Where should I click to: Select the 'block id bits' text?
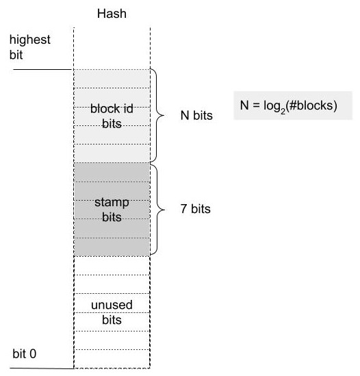(111, 116)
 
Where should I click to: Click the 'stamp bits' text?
(111, 210)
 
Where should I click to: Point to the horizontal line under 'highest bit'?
(41, 69)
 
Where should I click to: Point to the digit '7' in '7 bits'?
(183, 210)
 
